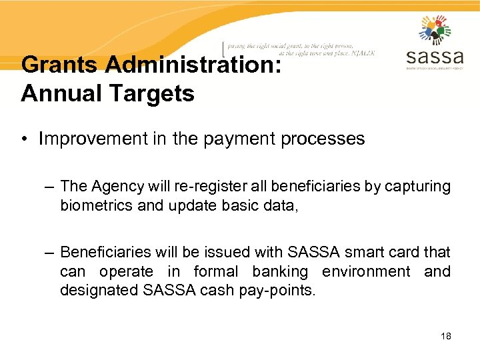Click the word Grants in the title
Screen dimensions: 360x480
coord(59,65)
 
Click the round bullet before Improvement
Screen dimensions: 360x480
coord(25,139)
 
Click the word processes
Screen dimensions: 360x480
coord(323,139)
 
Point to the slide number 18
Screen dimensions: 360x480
coord(446,336)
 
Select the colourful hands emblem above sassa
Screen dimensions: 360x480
coord(435,29)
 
